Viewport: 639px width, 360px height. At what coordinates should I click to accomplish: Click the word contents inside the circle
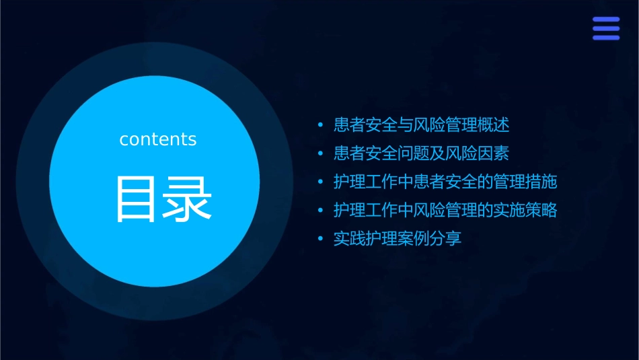158,139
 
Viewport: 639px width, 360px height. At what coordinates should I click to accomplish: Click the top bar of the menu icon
605,20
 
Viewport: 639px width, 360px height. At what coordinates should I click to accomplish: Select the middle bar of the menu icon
605,29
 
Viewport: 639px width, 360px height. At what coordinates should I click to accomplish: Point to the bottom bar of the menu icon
605,38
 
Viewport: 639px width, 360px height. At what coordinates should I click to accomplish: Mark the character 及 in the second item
430,153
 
